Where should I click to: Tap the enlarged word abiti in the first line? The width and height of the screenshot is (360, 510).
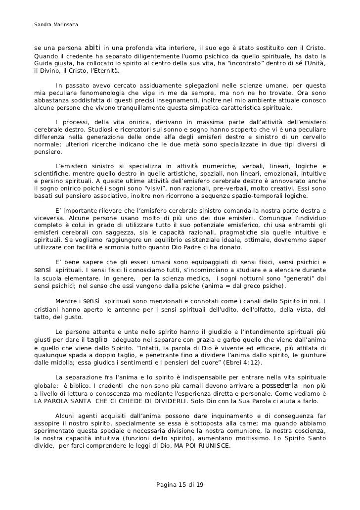click(x=93, y=48)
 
